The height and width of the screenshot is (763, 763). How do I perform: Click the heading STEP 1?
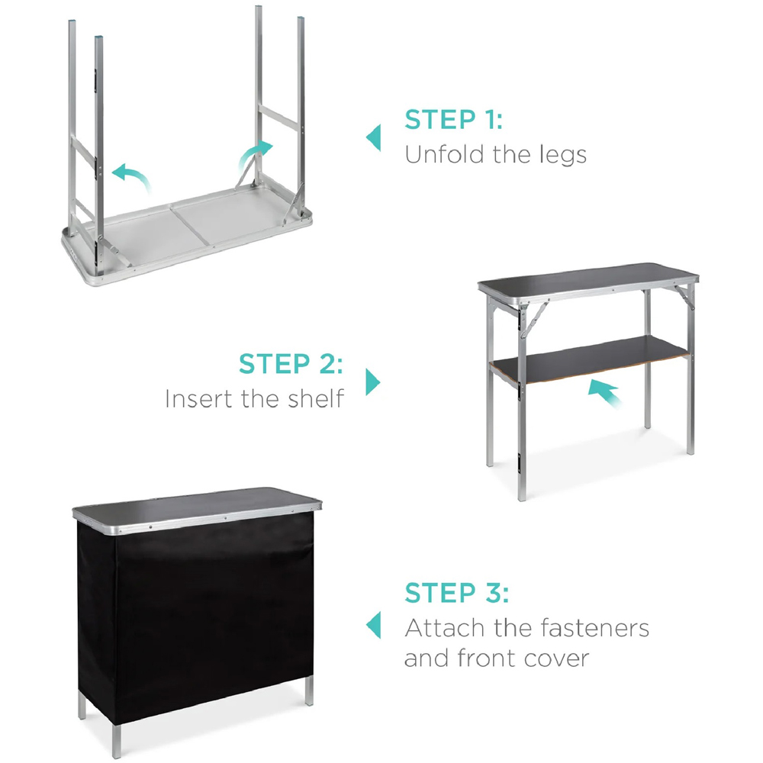click(453, 120)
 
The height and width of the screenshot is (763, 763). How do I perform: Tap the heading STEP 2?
click(291, 364)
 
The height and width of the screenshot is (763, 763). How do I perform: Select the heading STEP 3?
click(457, 593)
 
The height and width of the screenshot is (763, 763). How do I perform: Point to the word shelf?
click(316, 398)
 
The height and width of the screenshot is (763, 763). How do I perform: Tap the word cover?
click(557, 658)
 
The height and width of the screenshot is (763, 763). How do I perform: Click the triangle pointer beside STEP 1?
click(373, 137)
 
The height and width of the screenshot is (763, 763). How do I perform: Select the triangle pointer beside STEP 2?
click(373, 381)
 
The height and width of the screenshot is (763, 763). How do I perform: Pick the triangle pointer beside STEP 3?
click(373, 625)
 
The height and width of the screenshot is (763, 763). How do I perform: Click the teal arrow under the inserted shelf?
click(604, 392)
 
